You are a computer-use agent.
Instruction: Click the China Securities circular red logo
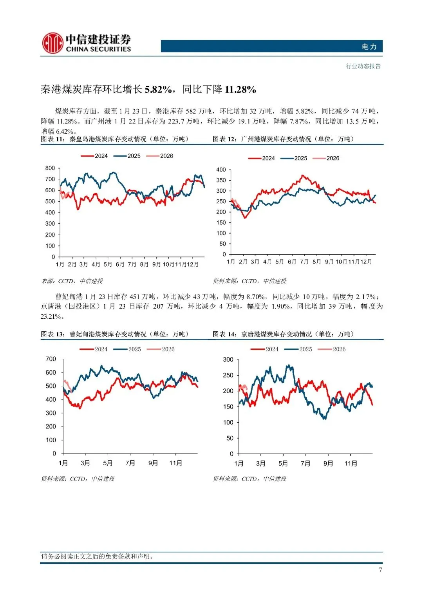(52, 43)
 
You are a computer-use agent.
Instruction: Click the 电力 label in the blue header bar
(369, 47)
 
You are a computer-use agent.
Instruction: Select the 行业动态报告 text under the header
(363, 66)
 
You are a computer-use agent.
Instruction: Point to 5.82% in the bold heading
(158, 90)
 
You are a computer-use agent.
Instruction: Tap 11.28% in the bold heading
(240, 90)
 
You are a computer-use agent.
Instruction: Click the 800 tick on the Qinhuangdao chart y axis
(50, 168)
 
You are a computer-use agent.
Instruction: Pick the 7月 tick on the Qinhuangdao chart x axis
(132, 264)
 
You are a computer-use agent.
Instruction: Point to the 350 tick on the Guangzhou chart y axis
(221, 181)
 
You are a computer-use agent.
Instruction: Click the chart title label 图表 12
(224, 139)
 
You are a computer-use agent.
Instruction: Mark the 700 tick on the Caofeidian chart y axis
(51, 359)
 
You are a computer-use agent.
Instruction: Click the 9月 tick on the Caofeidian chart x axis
(153, 463)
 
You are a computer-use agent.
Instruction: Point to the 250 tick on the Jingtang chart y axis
(228, 375)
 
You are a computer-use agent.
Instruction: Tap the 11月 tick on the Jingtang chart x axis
(351, 464)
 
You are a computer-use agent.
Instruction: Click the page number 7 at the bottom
(380, 570)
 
